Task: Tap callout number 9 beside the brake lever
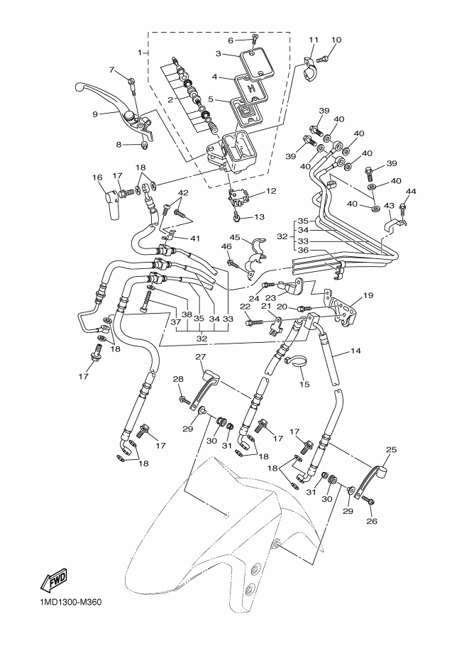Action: pyautogui.click(x=95, y=113)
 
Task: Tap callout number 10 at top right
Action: pyautogui.click(x=336, y=40)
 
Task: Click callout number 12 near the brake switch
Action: pyautogui.click(x=271, y=191)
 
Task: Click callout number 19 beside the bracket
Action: pyautogui.click(x=368, y=295)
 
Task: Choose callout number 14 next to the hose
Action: pyautogui.click(x=354, y=351)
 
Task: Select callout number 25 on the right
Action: pyautogui.click(x=391, y=449)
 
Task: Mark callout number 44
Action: pyautogui.click(x=411, y=192)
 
